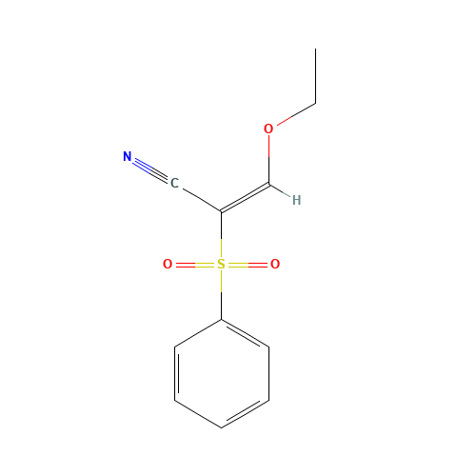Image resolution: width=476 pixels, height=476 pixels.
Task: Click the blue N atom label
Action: (x=128, y=157)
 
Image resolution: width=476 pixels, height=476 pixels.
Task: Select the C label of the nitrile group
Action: (x=174, y=183)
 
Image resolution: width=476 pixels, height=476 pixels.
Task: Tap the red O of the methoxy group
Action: (x=268, y=129)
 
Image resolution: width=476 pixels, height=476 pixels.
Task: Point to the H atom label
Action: (x=296, y=200)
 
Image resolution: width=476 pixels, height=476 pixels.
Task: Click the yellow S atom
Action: (x=221, y=265)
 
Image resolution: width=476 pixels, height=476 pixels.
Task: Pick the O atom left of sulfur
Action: (x=168, y=265)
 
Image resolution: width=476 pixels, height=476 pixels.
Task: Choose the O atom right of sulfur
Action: (x=275, y=265)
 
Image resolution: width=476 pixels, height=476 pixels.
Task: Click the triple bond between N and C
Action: (x=150, y=169)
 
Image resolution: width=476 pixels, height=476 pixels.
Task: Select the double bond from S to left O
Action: (x=194, y=265)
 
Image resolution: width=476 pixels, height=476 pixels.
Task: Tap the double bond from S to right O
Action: (x=248, y=265)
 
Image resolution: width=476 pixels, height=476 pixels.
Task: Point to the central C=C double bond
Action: (x=246, y=197)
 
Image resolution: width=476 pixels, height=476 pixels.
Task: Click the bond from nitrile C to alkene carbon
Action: (x=200, y=198)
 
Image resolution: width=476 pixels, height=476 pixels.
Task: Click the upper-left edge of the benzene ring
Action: (x=198, y=332)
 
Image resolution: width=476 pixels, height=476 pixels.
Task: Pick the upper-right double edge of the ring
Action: (x=245, y=333)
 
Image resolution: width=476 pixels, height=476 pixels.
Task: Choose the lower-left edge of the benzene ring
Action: (x=198, y=414)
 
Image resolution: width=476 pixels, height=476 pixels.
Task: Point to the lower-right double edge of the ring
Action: (x=245, y=413)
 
